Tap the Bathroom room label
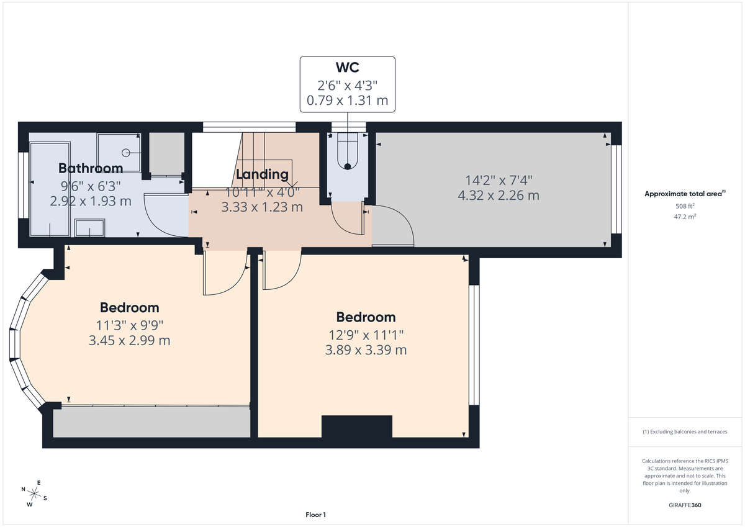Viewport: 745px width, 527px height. [x=91, y=168]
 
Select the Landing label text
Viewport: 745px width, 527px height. [x=262, y=174]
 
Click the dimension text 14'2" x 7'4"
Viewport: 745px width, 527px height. [x=499, y=181]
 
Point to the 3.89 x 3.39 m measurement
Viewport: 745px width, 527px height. [x=366, y=350]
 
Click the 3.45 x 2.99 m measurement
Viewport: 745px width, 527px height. [x=129, y=340]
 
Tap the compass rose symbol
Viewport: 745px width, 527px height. [x=34, y=494]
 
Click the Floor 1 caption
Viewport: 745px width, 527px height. [x=315, y=515]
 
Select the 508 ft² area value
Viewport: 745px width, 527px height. [x=685, y=206]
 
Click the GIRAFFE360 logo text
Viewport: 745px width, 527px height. [x=685, y=505]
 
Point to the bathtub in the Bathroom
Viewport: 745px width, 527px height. [x=50, y=189]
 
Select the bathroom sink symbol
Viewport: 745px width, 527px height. [x=91, y=228]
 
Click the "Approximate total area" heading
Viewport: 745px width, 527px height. [x=684, y=194]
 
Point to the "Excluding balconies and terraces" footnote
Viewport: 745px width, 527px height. [x=685, y=431]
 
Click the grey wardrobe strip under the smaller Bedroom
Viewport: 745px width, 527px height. [x=151, y=422]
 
